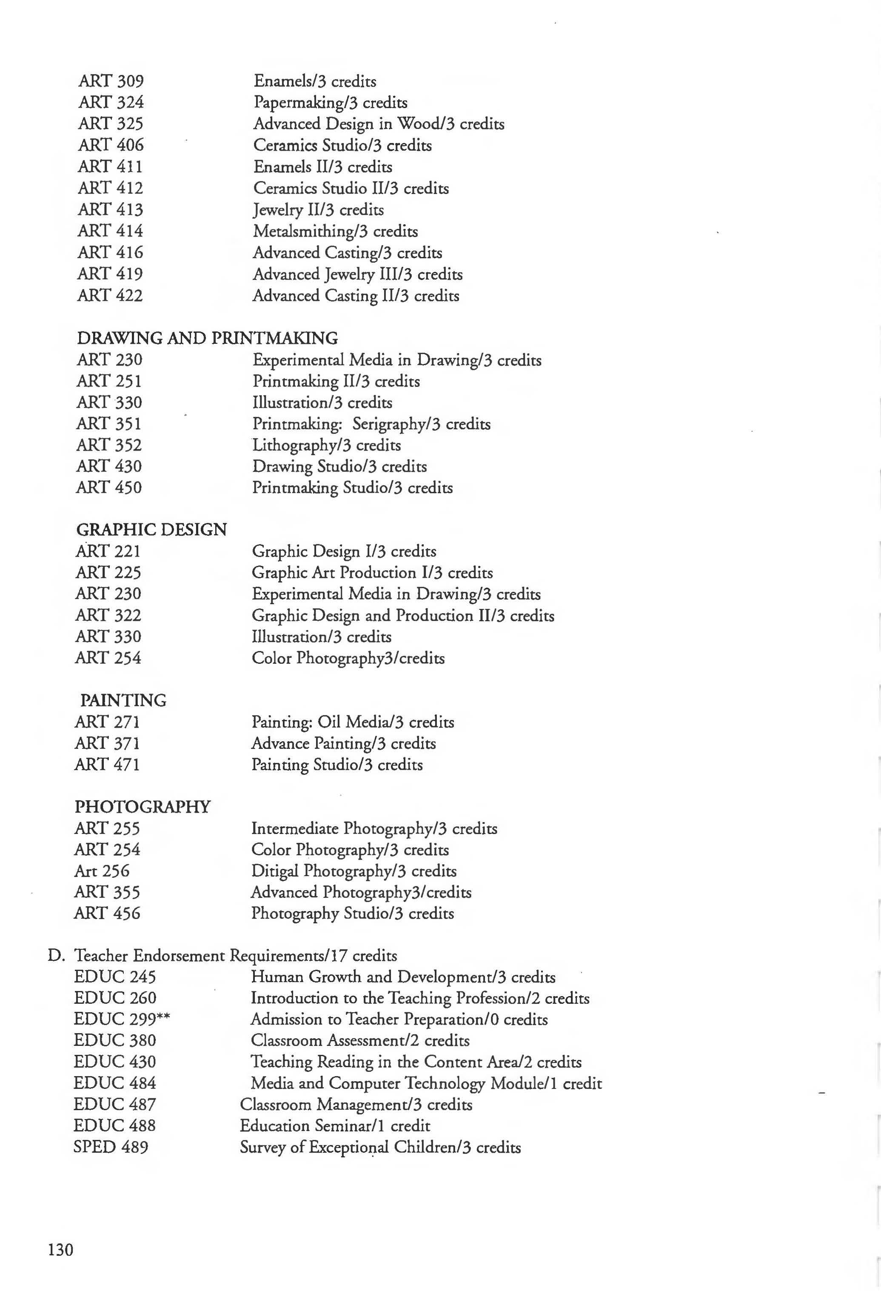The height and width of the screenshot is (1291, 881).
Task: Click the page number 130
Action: [x=60, y=1249]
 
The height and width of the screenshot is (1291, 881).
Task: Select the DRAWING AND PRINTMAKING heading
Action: [x=207, y=338]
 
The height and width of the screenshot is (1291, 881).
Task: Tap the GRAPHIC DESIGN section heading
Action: [x=151, y=529]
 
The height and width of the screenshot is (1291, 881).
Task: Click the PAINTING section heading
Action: [x=123, y=700]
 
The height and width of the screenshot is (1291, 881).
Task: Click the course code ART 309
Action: [x=111, y=81]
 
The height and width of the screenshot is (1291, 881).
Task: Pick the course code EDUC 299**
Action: [x=122, y=1019]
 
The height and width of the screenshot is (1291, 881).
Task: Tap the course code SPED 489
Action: [x=111, y=1147]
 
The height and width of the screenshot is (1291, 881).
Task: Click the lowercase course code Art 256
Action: [x=102, y=871]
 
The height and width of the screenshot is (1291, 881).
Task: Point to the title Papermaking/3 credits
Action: [x=331, y=102]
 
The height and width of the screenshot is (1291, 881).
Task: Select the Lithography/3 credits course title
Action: [x=326, y=445]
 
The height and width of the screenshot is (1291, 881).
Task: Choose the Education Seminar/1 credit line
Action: [x=334, y=1125]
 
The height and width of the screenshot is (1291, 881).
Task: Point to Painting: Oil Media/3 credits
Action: [x=352, y=722]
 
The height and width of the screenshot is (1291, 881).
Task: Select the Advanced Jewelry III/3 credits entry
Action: [x=357, y=274]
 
